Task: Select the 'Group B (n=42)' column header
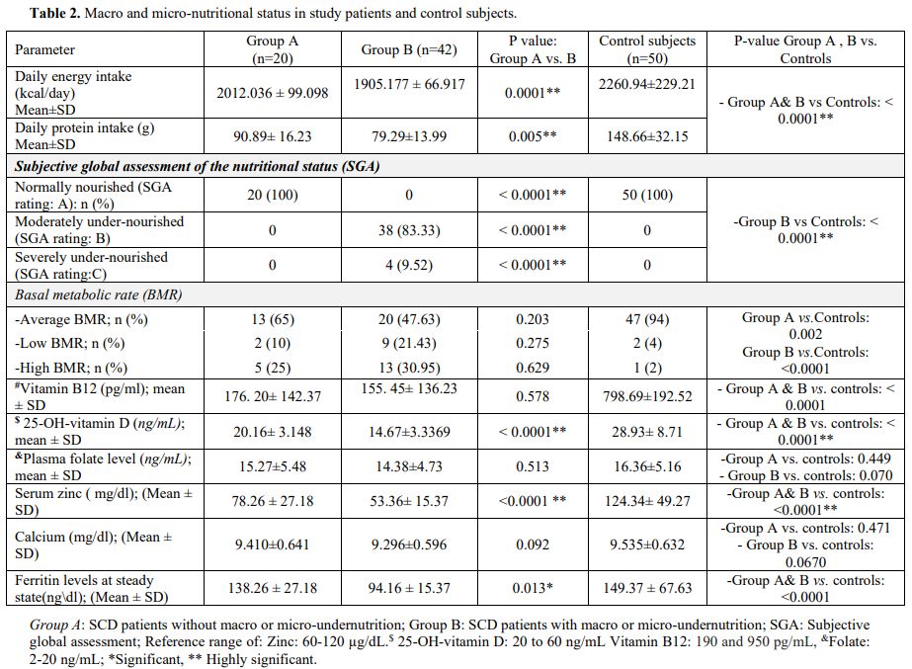(x=408, y=49)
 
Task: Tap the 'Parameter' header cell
(x=45, y=49)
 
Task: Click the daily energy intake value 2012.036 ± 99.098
(x=272, y=93)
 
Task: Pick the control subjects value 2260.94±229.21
(x=647, y=85)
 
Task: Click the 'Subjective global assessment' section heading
(x=198, y=166)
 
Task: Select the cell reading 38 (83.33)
(x=409, y=230)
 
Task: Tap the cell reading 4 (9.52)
(x=409, y=265)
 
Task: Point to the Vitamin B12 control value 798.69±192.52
(x=647, y=396)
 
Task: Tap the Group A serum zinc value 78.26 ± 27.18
(x=272, y=500)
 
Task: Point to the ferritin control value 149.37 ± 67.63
(x=647, y=589)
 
